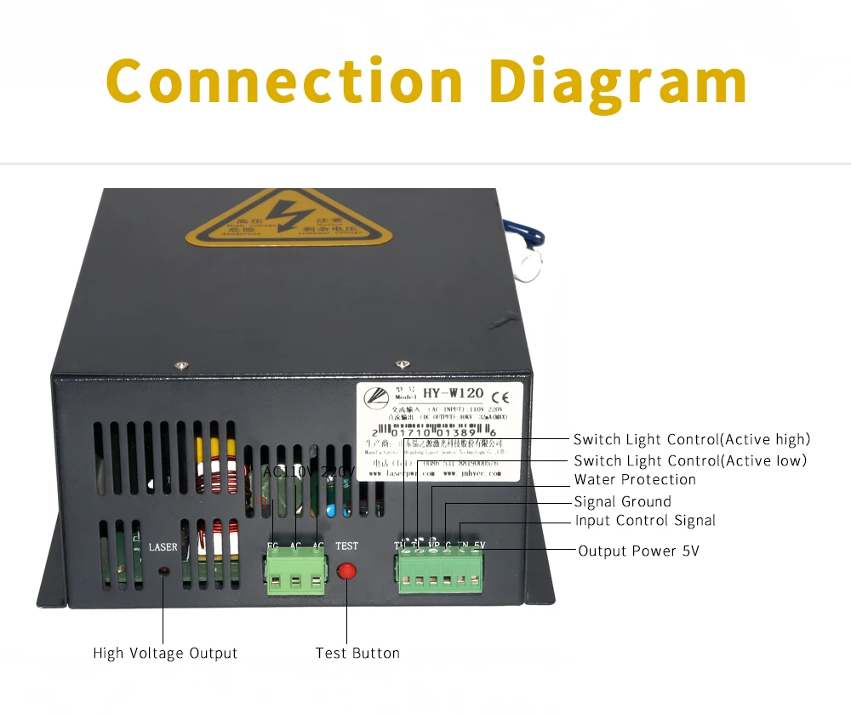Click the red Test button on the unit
pyautogui.click(x=346, y=569)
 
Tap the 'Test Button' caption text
pyautogui.click(x=357, y=654)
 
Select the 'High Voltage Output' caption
pyautogui.click(x=165, y=654)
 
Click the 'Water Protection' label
pyautogui.click(x=635, y=480)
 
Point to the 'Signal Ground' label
pyautogui.click(x=622, y=502)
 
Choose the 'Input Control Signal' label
pyautogui.click(x=645, y=521)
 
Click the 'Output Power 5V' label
pyautogui.click(x=638, y=551)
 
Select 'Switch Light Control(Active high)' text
pyautogui.click(x=692, y=440)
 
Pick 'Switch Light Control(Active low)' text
pyautogui.click(x=690, y=460)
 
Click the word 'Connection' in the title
pyautogui.click(x=284, y=81)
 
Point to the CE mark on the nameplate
pyautogui.click(x=503, y=394)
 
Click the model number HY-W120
pyautogui.click(x=454, y=393)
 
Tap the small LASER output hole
pyautogui.click(x=163, y=570)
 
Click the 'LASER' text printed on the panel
pyautogui.click(x=163, y=546)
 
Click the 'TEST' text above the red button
pyautogui.click(x=346, y=546)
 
